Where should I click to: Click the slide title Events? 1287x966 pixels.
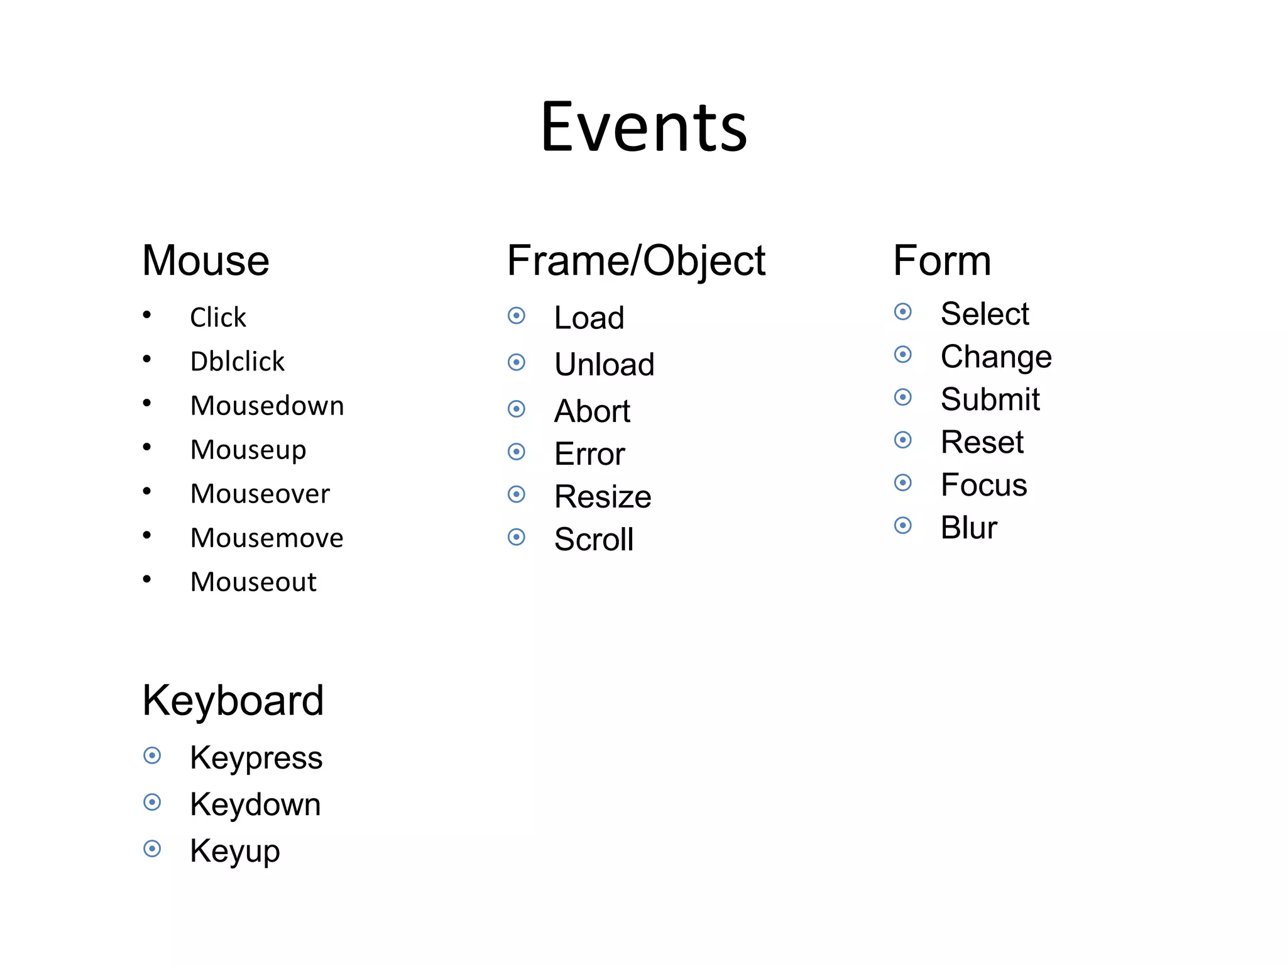point(644,128)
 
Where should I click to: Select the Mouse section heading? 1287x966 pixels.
point(205,260)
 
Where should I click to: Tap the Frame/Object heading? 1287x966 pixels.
point(636,262)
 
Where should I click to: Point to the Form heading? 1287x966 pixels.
point(942,260)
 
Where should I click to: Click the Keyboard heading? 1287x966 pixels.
point(233,701)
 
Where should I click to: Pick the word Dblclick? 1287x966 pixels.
point(238,362)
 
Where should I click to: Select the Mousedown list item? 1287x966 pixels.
point(267,406)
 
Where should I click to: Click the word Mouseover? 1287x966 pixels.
point(260,494)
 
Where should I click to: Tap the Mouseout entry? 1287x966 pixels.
point(253,582)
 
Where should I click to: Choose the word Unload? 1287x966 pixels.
point(604,365)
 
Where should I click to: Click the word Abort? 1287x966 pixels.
point(592,411)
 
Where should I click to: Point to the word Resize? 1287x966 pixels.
point(603,497)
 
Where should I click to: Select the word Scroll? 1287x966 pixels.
point(594,540)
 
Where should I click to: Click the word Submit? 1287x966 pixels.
point(990,399)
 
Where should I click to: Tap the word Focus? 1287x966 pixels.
point(983,485)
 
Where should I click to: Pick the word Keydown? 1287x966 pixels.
point(255,804)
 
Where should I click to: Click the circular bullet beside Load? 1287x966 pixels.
point(517,315)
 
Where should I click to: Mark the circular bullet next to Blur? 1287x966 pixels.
point(903,525)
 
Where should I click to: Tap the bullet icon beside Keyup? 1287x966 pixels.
point(152,848)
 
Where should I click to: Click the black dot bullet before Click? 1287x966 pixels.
point(147,314)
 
